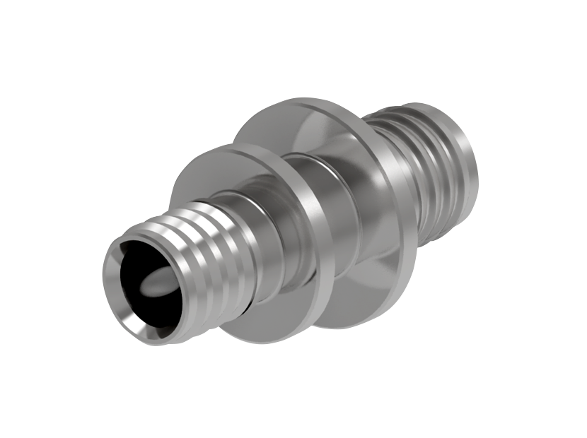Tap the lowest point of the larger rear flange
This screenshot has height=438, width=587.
(354, 327)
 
